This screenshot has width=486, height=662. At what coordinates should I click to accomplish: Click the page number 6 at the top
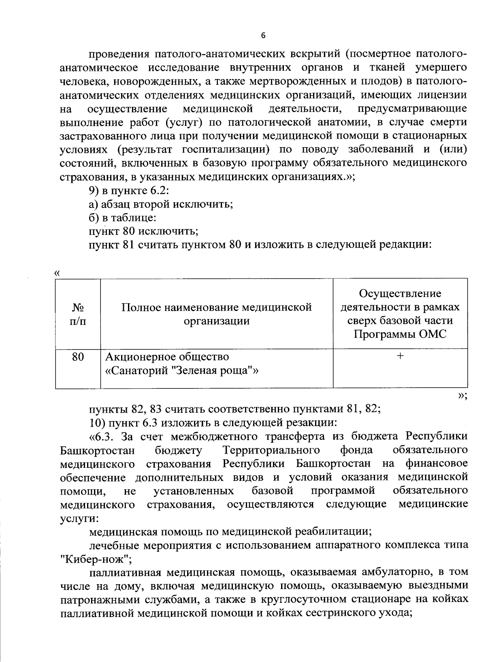pyautogui.click(x=263, y=36)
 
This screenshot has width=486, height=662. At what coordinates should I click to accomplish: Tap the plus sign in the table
pyautogui.click(x=400, y=356)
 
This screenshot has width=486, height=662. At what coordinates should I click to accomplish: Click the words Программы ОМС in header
pyautogui.click(x=400, y=335)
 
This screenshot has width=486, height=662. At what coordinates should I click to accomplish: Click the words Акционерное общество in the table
pyautogui.click(x=167, y=357)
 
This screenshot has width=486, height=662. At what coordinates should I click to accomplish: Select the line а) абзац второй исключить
pyautogui.click(x=161, y=204)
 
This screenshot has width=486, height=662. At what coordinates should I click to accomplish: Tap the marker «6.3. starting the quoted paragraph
pyautogui.click(x=101, y=437)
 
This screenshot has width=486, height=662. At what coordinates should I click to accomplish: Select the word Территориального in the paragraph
pyautogui.click(x=271, y=450)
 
